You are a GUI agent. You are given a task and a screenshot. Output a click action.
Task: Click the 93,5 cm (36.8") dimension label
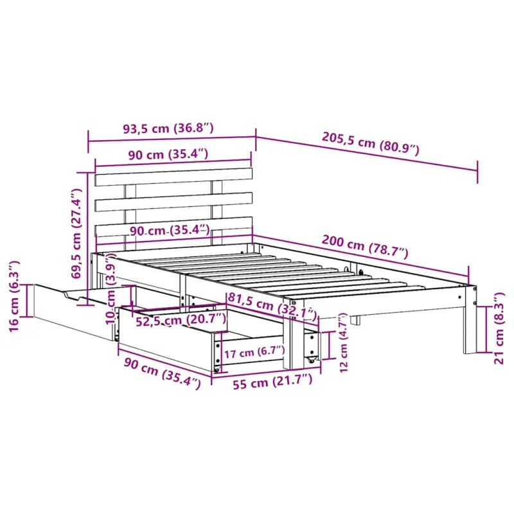coord(168,128)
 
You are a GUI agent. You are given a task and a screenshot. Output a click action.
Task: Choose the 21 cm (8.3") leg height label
coord(499,328)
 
